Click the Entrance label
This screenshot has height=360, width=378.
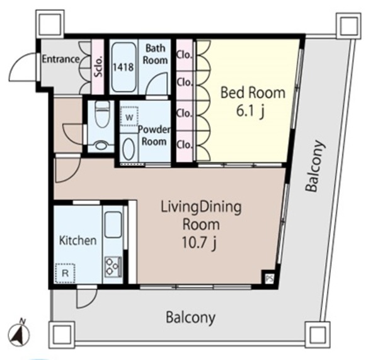click(60, 59)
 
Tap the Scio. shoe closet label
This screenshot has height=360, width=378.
click(98, 67)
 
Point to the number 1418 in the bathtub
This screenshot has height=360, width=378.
click(123, 67)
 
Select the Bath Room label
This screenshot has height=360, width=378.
click(155, 54)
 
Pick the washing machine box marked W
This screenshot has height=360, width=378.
click(129, 116)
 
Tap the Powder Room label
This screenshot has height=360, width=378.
click(154, 135)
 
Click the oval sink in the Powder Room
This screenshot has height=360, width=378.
click(129, 149)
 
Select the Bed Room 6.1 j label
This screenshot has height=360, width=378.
click(253, 102)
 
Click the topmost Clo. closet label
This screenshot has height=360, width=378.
click(185, 55)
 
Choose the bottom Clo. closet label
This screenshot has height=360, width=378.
click(185, 145)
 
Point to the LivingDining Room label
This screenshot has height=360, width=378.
click(201, 216)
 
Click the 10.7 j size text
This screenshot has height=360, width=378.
click(199, 242)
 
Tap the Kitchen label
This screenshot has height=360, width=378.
click(78, 240)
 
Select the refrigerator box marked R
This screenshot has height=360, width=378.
click(65, 273)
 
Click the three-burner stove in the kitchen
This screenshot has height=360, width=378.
click(113, 266)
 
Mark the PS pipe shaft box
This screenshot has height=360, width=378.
click(269, 279)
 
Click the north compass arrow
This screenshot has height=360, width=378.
click(18, 334)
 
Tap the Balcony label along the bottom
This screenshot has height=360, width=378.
click(190, 317)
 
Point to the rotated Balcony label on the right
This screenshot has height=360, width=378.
click(316, 166)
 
